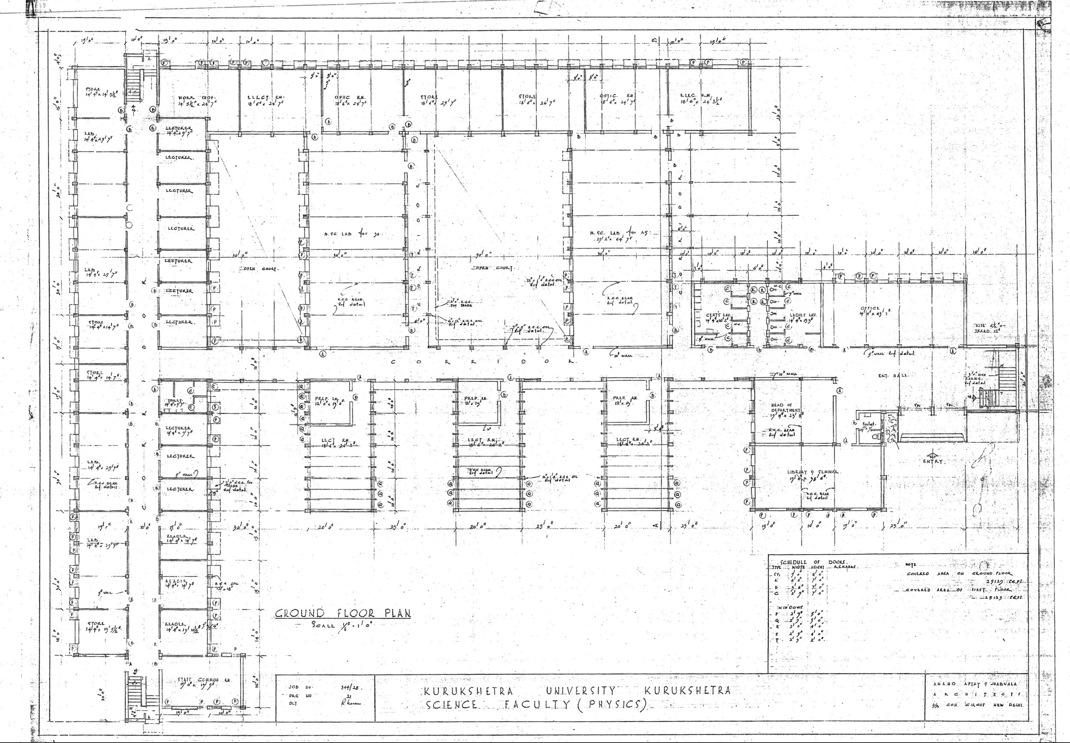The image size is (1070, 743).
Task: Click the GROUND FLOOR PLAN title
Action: click(x=342, y=613)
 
